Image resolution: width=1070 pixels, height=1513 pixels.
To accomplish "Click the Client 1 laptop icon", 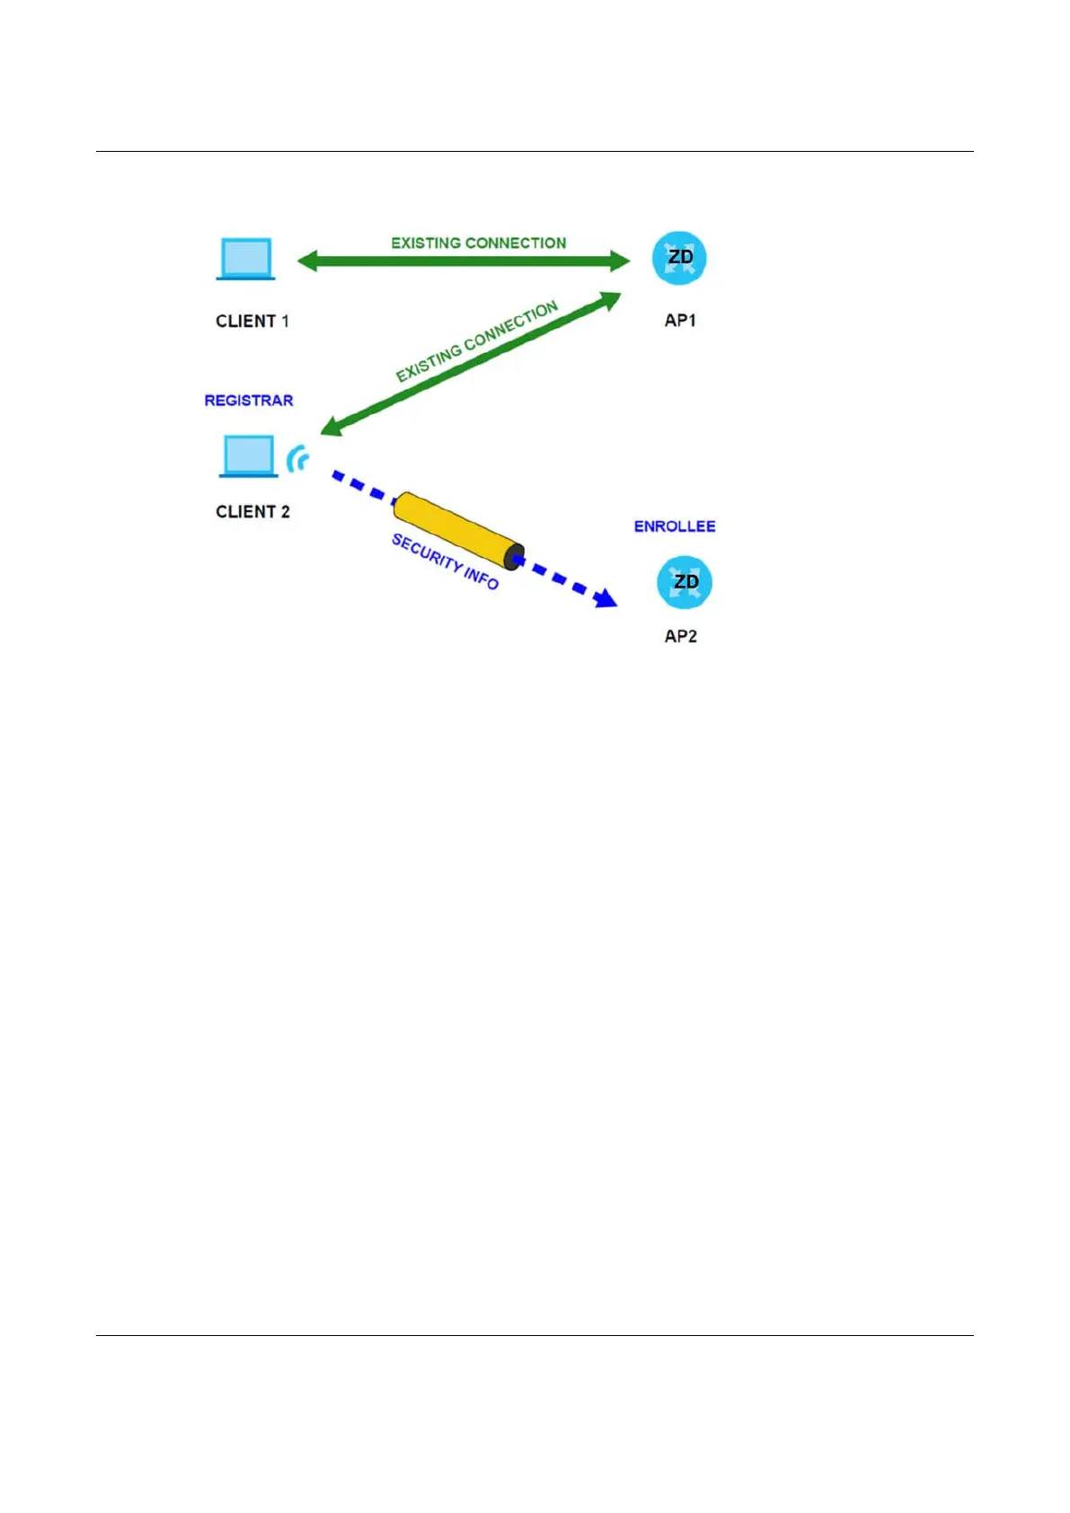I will pyautogui.click(x=245, y=259).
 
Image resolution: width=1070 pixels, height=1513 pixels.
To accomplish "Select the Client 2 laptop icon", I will pyautogui.click(x=248, y=456).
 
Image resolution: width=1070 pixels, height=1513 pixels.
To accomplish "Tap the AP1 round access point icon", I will pyautogui.click(x=679, y=259).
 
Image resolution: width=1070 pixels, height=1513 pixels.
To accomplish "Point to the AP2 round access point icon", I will pyautogui.click(x=685, y=582).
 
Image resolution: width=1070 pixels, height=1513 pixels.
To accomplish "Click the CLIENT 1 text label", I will pyautogui.click(x=252, y=321).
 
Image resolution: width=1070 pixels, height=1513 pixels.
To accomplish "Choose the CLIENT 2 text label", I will pyautogui.click(x=252, y=511).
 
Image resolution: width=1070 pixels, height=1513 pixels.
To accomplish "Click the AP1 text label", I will pyautogui.click(x=680, y=320).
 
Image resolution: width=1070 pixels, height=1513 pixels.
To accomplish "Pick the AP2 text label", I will pyautogui.click(x=680, y=636).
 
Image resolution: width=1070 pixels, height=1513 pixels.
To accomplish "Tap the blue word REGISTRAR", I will pyautogui.click(x=249, y=401).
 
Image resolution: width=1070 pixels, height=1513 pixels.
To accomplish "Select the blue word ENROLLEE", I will pyautogui.click(x=675, y=526).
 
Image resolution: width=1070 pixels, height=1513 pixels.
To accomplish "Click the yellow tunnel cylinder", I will pyautogui.click(x=455, y=529).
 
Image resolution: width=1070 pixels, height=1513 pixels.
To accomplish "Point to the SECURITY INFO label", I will pyautogui.click(x=445, y=561).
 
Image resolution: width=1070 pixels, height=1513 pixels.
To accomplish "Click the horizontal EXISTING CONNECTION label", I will pyautogui.click(x=479, y=243).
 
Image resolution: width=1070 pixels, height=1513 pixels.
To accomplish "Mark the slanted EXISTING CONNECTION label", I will pyautogui.click(x=477, y=341).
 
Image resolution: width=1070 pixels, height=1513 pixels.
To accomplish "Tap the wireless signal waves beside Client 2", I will pyautogui.click(x=298, y=460).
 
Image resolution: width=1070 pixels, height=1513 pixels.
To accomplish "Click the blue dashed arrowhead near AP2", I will pyautogui.click(x=606, y=598).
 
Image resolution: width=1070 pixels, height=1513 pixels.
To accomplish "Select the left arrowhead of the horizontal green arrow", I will pyautogui.click(x=308, y=261).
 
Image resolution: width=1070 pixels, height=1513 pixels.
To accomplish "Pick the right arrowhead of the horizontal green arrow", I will pyautogui.click(x=620, y=261).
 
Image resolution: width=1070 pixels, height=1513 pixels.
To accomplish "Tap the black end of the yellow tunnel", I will pyautogui.click(x=514, y=557).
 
